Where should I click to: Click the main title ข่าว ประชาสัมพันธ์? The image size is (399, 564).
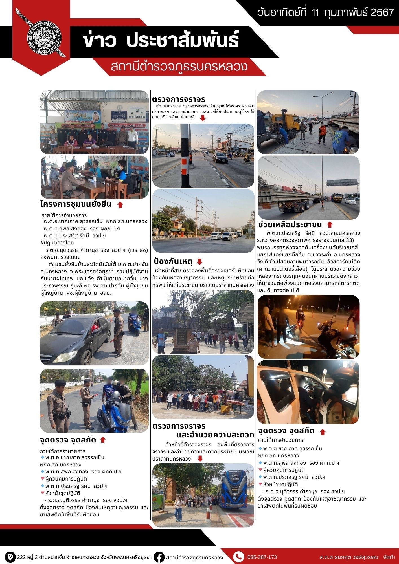(x=161, y=40)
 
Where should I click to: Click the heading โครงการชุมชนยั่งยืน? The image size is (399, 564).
(x=76, y=204)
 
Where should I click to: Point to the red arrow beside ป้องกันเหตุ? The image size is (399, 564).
(x=199, y=261)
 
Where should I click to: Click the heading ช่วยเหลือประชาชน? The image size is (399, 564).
(x=290, y=225)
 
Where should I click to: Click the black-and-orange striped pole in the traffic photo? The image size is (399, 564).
(x=185, y=158)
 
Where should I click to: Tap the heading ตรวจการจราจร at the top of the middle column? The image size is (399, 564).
(x=179, y=99)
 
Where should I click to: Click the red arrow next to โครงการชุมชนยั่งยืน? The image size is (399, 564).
(x=120, y=205)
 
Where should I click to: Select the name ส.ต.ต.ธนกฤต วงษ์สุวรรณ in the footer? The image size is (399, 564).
(x=348, y=557)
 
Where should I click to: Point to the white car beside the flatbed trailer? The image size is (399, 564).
(x=350, y=201)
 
